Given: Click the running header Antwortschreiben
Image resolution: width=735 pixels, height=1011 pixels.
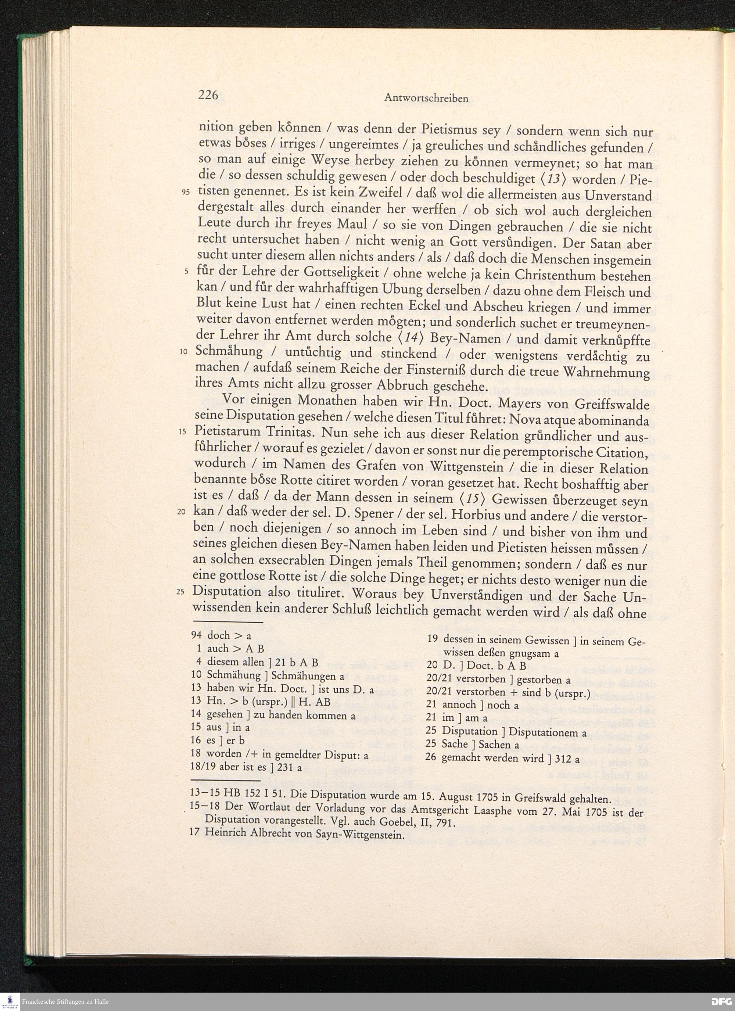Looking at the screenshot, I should click(x=426, y=98).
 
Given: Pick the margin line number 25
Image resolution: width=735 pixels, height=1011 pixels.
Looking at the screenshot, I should click(x=180, y=592).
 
